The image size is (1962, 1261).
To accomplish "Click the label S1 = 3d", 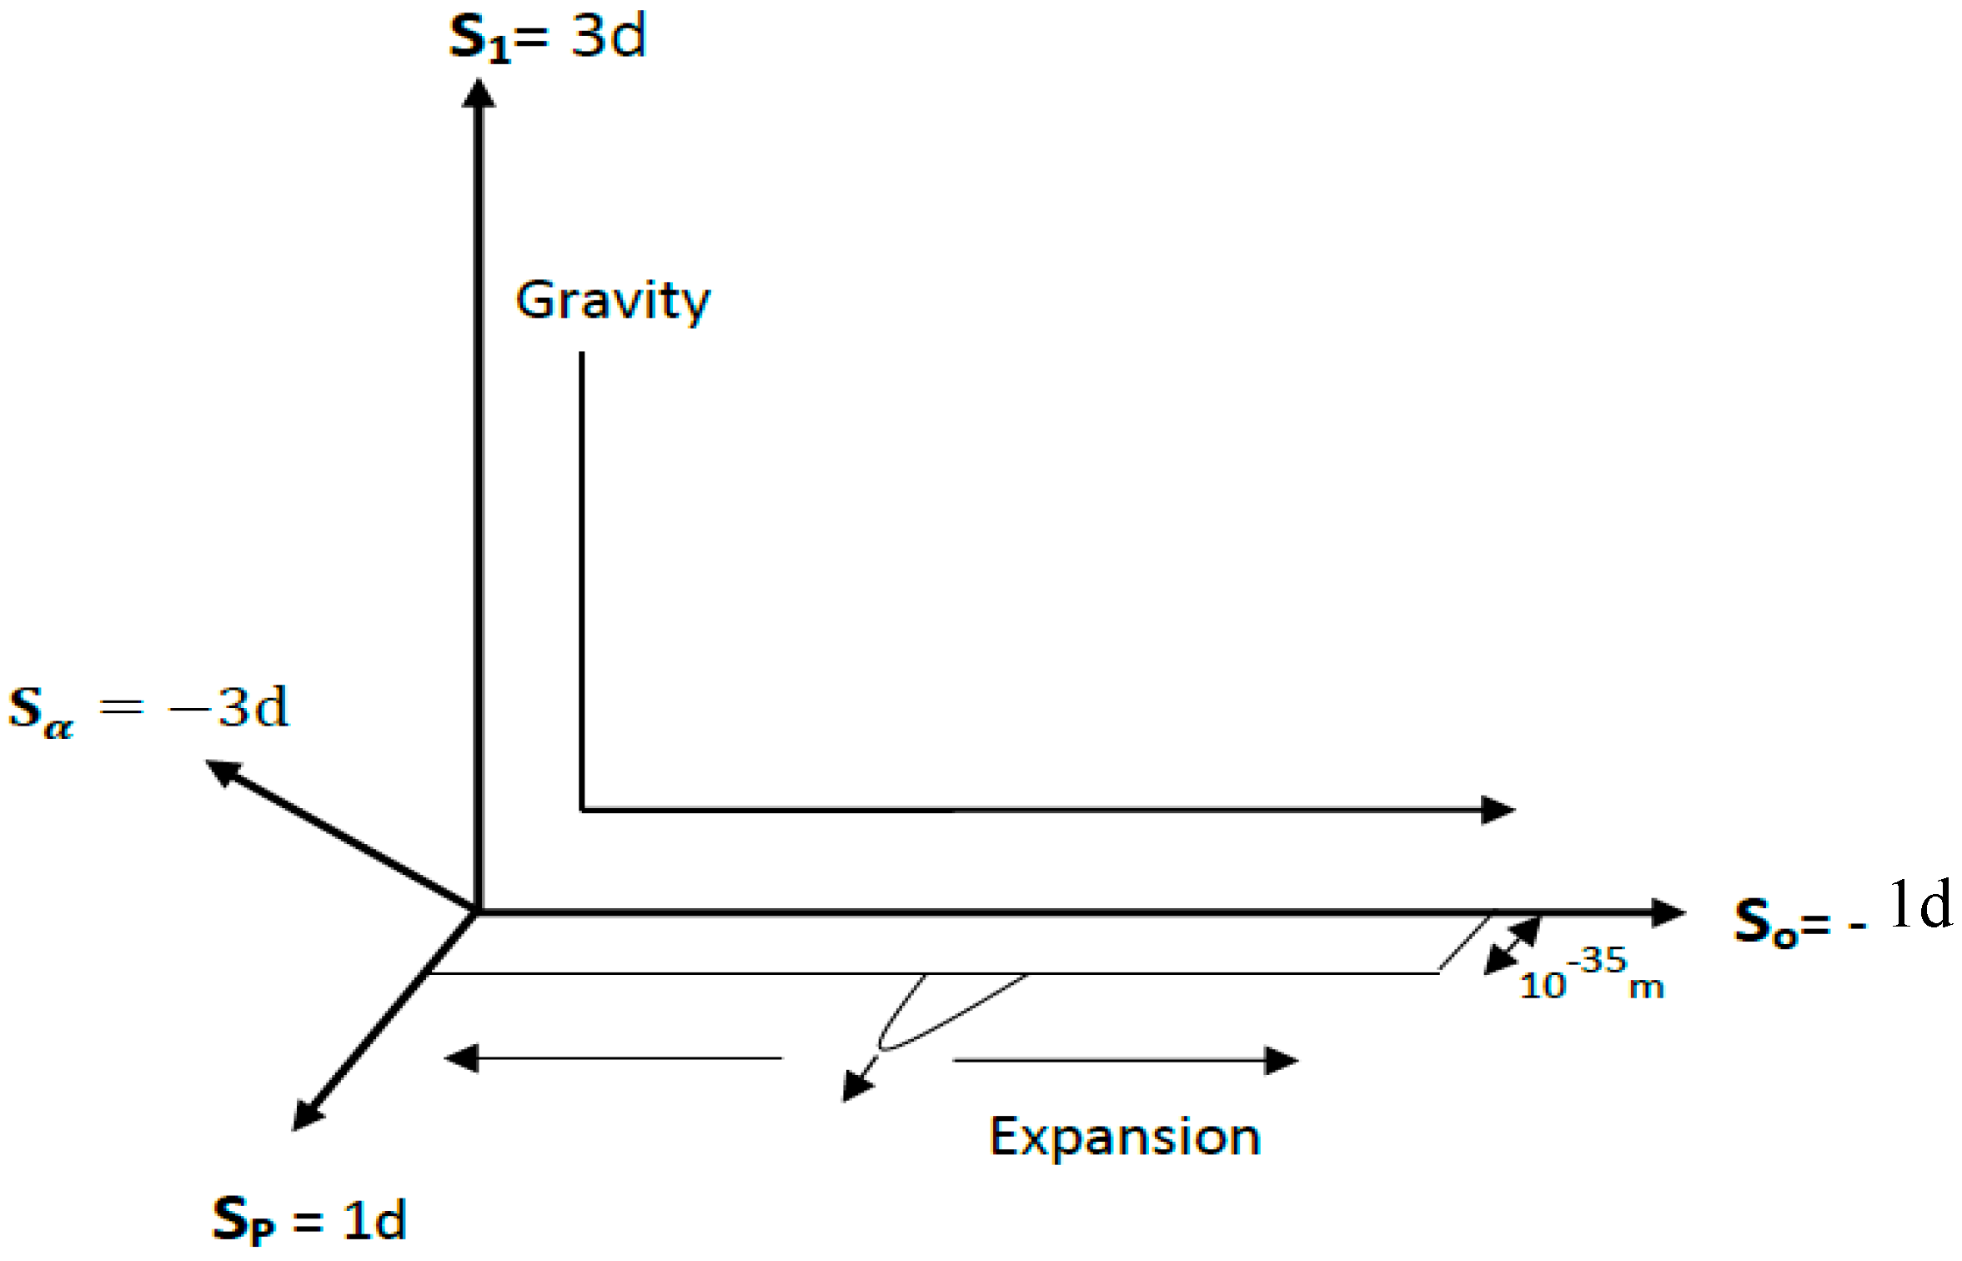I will click(547, 38).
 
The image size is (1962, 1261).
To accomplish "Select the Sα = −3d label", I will click(148, 710).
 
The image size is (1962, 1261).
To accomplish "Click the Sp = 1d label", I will click(309, 1218).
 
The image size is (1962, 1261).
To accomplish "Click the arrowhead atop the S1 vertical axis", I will click(478, 93).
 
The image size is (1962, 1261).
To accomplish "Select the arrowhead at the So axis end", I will click(1668, 912).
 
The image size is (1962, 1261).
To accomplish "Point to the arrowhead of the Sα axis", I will click(221, 771).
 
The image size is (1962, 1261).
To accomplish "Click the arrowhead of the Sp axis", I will click(306, 1115).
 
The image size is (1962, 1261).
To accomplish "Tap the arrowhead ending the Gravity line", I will click(1498, 809).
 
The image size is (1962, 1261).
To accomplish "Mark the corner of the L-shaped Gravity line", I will click(581, 809).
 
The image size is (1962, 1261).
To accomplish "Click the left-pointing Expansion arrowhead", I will click(461, 1058).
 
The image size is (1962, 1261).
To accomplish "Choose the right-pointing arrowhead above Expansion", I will click(1282, 1061).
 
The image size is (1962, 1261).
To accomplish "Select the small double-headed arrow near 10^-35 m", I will click(1513, 946).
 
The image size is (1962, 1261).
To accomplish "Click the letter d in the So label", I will click(1936, 905).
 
